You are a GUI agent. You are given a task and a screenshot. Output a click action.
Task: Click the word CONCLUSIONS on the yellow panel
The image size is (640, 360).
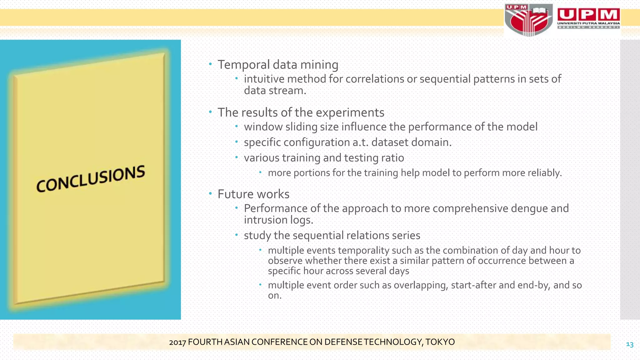91,178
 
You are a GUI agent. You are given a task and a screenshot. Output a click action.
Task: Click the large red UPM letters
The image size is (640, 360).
588,14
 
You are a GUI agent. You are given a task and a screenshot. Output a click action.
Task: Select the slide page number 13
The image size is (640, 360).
629,344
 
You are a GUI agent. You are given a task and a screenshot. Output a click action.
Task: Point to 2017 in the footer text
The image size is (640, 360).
177,342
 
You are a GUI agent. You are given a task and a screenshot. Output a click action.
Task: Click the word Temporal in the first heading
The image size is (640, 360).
243,65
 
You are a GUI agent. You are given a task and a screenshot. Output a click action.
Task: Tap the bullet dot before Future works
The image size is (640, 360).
210,194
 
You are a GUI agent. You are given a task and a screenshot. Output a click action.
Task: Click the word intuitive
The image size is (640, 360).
264,79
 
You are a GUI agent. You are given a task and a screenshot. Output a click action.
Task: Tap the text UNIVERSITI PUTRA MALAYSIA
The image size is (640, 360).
588,23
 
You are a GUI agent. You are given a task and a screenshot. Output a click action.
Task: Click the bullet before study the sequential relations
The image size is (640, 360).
237,235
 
